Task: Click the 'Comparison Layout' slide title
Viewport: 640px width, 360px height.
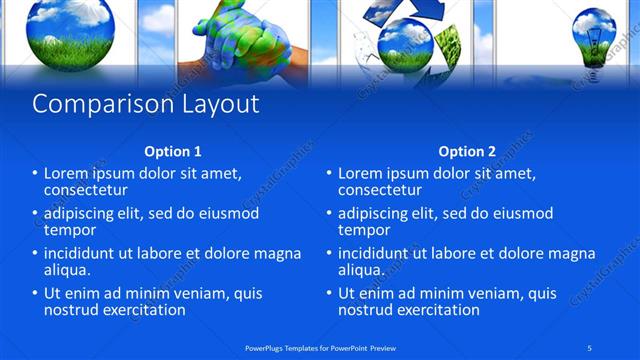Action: click(x=146, y=104)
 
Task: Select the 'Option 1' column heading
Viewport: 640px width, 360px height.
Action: click(x=173, y=152)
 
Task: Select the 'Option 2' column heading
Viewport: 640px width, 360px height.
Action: click(x=467, y=152)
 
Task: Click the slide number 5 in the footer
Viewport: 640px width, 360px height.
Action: click(x=592, y=347)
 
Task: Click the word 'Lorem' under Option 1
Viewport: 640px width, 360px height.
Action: click(x=67, y=173)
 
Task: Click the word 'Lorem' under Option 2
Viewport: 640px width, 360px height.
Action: click(x=361, y=173)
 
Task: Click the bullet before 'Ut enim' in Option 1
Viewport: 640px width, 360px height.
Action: click(x=36, y=294)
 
